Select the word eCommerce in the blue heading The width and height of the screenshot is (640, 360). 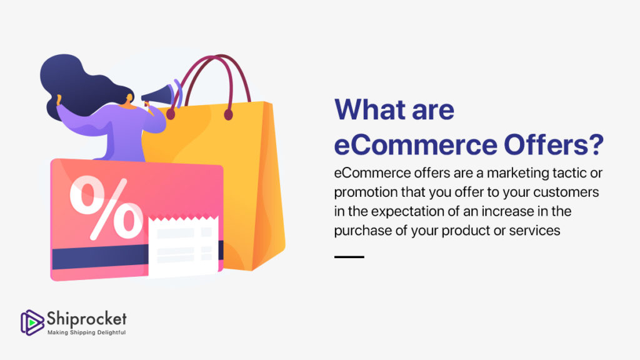(416, 144)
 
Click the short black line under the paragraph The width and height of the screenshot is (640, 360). (349, 257)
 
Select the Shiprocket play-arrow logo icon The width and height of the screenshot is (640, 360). (32, 322)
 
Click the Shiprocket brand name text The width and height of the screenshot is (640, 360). (86, 319)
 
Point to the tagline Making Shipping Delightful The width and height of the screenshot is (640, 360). (86, 332)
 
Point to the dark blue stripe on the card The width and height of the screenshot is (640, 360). (100, 258)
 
